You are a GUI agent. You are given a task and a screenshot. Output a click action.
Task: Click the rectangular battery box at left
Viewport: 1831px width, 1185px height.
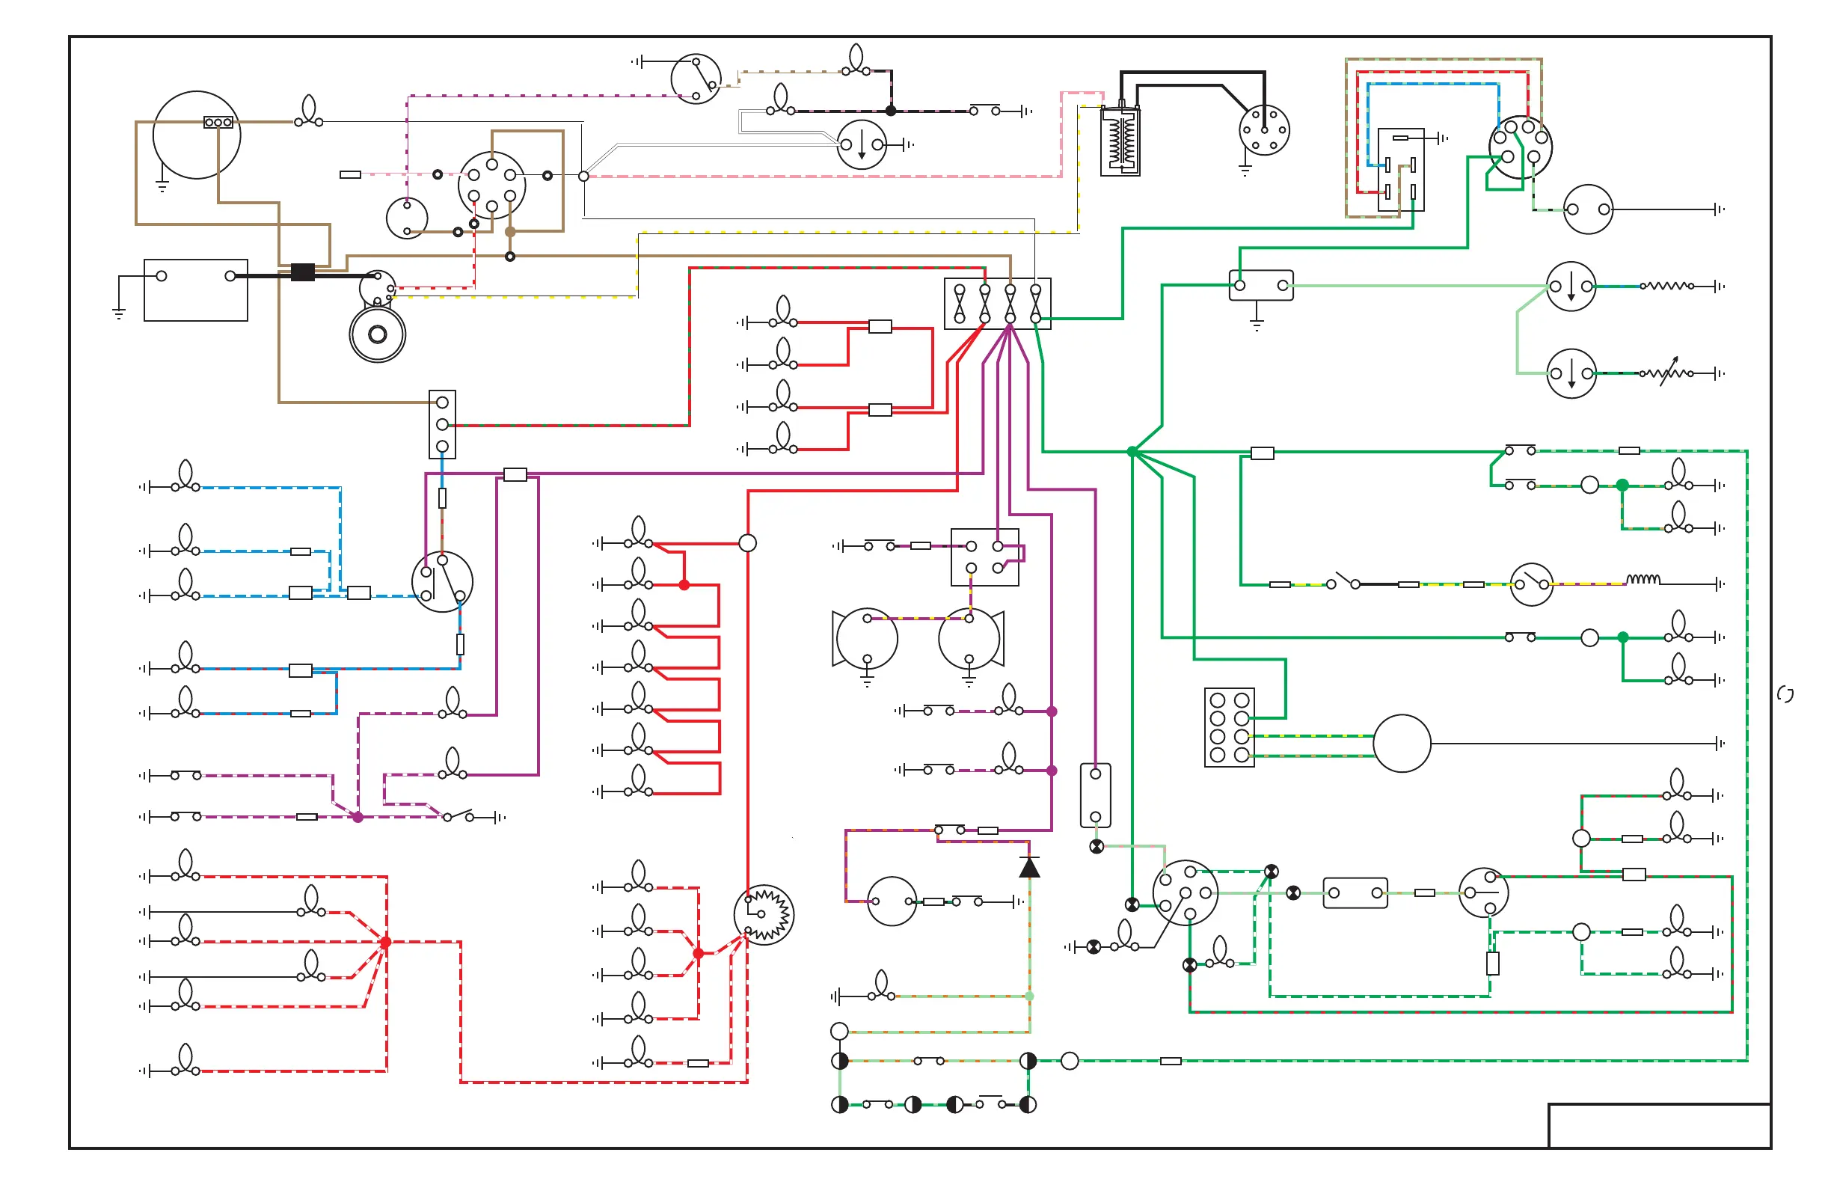pyautogui.click(x=195, y=290)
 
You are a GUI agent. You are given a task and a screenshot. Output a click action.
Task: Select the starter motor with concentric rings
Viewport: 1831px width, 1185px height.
pyautogui.click(x=377, y=334)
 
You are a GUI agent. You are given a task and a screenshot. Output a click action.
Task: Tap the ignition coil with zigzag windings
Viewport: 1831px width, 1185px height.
pyautogui.click(x=1120, y=142)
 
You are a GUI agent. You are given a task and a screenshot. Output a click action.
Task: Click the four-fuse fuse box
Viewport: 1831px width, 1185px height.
pyautogui.click(x=997, y=304)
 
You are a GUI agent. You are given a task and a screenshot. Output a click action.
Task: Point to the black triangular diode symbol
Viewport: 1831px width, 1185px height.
pyautogui.click(x=1029, y=868)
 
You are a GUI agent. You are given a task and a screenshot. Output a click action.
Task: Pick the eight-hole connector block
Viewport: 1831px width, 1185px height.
pyautogui.click(x=1230, y=727)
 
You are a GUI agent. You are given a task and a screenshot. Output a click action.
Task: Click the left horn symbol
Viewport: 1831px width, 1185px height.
pyautogui.click(x=863, y=639)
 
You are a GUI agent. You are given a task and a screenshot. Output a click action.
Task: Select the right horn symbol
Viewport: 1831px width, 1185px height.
pyautogui.click(x=972, y=639)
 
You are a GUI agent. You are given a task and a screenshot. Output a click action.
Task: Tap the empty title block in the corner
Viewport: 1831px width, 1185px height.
pyautogui.click(x=1659, y=1126)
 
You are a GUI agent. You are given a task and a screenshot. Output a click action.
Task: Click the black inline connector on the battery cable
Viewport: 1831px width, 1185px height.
pyautogui.click(x=302, y=272)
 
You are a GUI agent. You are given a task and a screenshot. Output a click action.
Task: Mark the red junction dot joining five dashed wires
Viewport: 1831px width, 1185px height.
pyautogui.click(x=385, y=942)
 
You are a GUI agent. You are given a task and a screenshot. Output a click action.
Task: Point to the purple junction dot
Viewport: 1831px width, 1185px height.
pyautogui.click(x=358, y=817)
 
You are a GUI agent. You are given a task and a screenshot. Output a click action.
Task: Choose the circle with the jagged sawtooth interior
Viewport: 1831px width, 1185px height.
pyautogui.click(x=764, y=914)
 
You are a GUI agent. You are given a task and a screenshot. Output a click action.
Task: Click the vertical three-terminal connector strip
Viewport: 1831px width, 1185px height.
pyautogui.click(x=442, y=424)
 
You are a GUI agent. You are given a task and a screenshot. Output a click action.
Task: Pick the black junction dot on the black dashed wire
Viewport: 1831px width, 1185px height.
pyautogui.click(x=891, y=111)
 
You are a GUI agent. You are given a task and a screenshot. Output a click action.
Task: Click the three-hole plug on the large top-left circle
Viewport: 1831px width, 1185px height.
pyautogui.click(x=218, y=123)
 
